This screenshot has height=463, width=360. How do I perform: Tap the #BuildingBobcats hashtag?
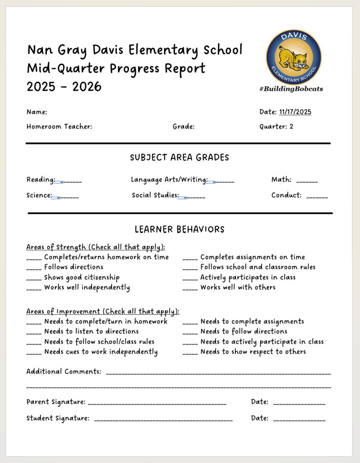(291, 89)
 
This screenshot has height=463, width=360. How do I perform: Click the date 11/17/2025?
(295, 112)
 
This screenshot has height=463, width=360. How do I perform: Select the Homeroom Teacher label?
(59, 127)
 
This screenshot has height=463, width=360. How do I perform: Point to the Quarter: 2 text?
(276, 127)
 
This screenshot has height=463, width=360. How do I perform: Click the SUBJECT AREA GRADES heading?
(179, 158)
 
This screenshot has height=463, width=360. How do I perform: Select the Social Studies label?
(154, 195)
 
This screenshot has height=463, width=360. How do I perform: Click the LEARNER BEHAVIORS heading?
(179, 229)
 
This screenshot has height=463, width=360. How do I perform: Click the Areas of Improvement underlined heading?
(103, 312)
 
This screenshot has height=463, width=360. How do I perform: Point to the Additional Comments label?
(64, 372)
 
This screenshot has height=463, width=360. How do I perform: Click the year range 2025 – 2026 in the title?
(64, 86)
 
